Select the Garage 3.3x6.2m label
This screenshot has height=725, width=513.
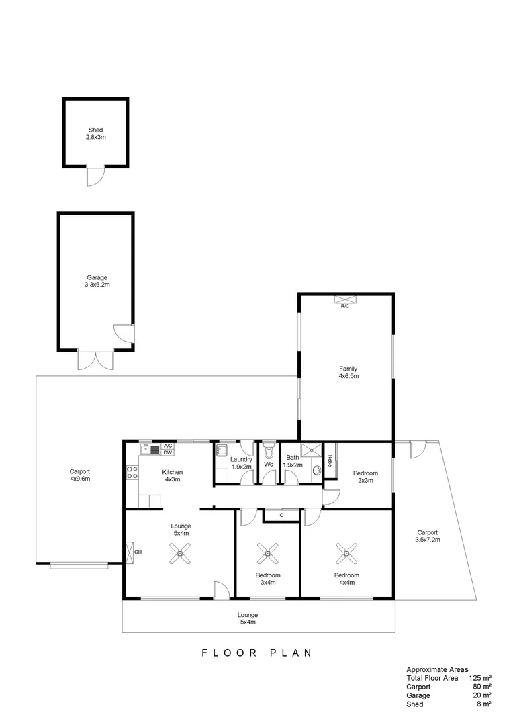pyautogui.click(x=97, y=281)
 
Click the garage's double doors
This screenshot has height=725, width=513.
pyautogui.click(x=96, y=360)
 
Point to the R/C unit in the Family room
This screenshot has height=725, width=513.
pyautogui.click(x=345, y=299)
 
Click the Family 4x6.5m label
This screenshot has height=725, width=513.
pyautogui.click(x=348, y=372)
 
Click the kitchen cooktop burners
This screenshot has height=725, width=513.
pyautogui.click(x=132, y=472)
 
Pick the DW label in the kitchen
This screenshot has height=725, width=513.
pyautogui.click(x=168, y=452)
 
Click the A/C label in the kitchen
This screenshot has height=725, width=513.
pyautogui.click(x=168, y=446)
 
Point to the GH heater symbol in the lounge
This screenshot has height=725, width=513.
pyautogui.click(x=130, y=552)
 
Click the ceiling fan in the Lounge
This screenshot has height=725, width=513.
pyautogui.click(x=180, y=553)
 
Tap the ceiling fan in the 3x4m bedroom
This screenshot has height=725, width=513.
pyautogui.click(x=268, y=553)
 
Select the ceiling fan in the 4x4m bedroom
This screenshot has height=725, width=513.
pyautogui.click(x=347, y=553)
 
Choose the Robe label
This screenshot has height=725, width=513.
pyautogui.click(x=330, y=461)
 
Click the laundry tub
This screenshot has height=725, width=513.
pyautogui.click(x=222, y=450)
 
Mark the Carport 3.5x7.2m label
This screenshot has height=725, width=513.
pyautogui.click(x=428, y=536)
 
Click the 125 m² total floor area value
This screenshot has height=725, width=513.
pyautogui.click(x=480, y=678)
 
